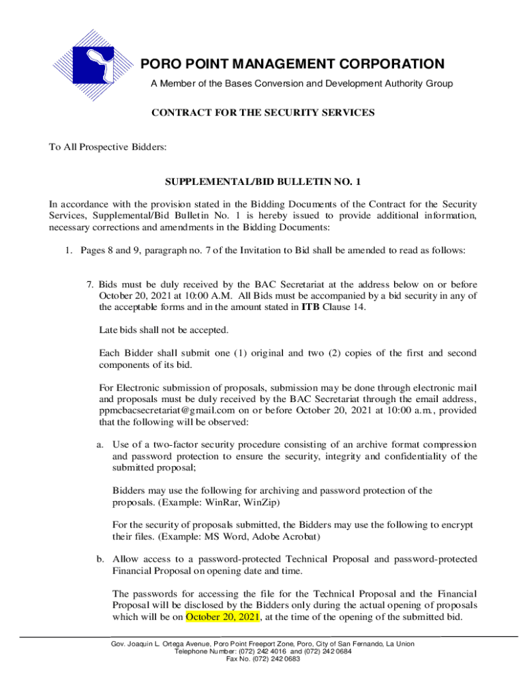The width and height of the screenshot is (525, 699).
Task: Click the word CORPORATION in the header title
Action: click(384, 65)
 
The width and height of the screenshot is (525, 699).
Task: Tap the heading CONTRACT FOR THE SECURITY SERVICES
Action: click(262, 113)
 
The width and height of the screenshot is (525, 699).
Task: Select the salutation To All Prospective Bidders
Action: click(98, 147)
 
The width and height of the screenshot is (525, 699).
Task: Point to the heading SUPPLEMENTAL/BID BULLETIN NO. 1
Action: click(262, 183)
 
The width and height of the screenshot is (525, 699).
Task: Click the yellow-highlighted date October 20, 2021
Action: click(223, 616)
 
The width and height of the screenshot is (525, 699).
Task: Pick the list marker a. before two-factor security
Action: click(100, 445)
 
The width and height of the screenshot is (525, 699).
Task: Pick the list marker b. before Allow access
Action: click(100, 559)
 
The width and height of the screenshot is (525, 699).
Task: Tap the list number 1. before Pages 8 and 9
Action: click(70, 251)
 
